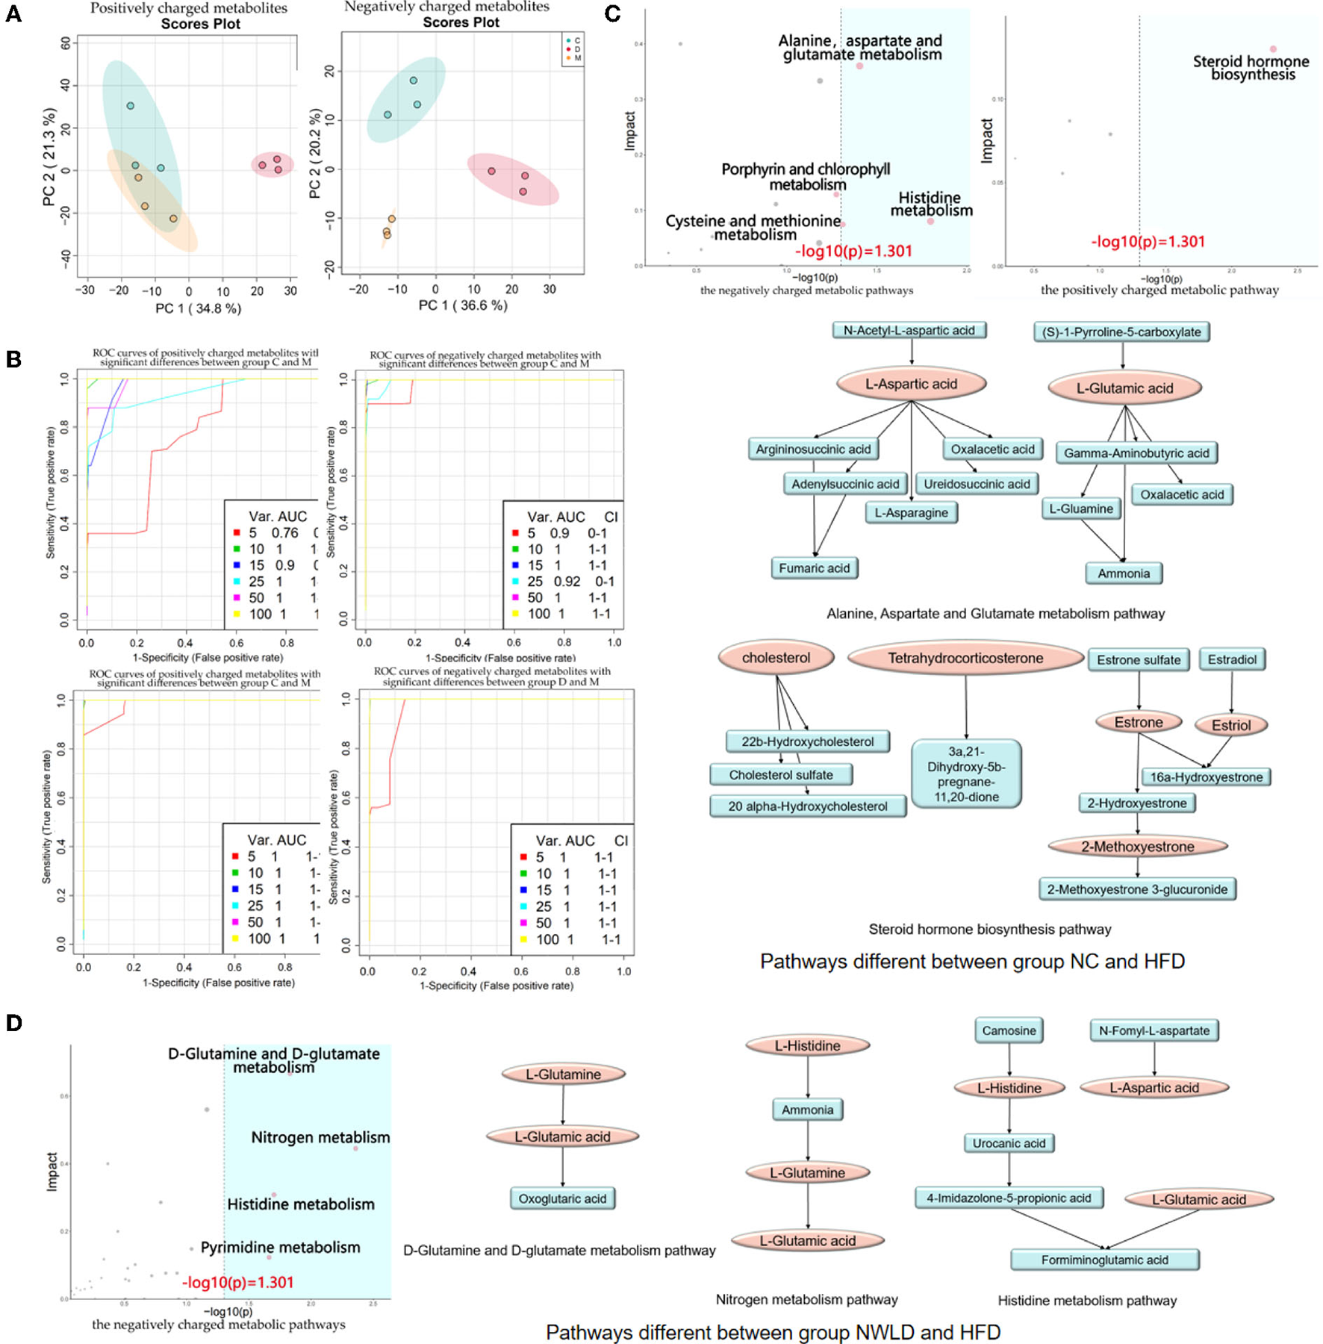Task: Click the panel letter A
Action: [x=13, y=13]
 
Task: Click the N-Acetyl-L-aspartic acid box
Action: [x=909, y=330]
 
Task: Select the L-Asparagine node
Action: [x=911, y=513]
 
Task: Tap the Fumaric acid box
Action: [x=814, y=568]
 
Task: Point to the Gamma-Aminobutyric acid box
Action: [x=1136, y=453]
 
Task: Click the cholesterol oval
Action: [x=776, y=658]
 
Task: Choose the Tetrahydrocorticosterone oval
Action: [x=965, y=658]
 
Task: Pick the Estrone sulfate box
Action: [x=1139, y=660]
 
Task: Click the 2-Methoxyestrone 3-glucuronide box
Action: [x=1137, y=889]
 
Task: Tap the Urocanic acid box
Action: [x=1009, y=1143]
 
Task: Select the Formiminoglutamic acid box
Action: [x=1104, y=1260]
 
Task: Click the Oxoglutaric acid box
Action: [x=562, y=1198]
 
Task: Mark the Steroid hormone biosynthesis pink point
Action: [x=1273, y=49]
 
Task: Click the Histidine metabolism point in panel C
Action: [x=930, y=221]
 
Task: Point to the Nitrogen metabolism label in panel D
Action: [x=320, y=1137]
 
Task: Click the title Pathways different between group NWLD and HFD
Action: [x=773, y=1332]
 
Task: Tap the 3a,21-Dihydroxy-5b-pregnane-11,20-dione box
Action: [x=966, y=774]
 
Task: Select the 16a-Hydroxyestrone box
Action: [x=1206, y=777]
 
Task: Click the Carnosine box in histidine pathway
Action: [x=1009, y=1031]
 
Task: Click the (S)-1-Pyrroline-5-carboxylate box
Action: [x=1121, y=332]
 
